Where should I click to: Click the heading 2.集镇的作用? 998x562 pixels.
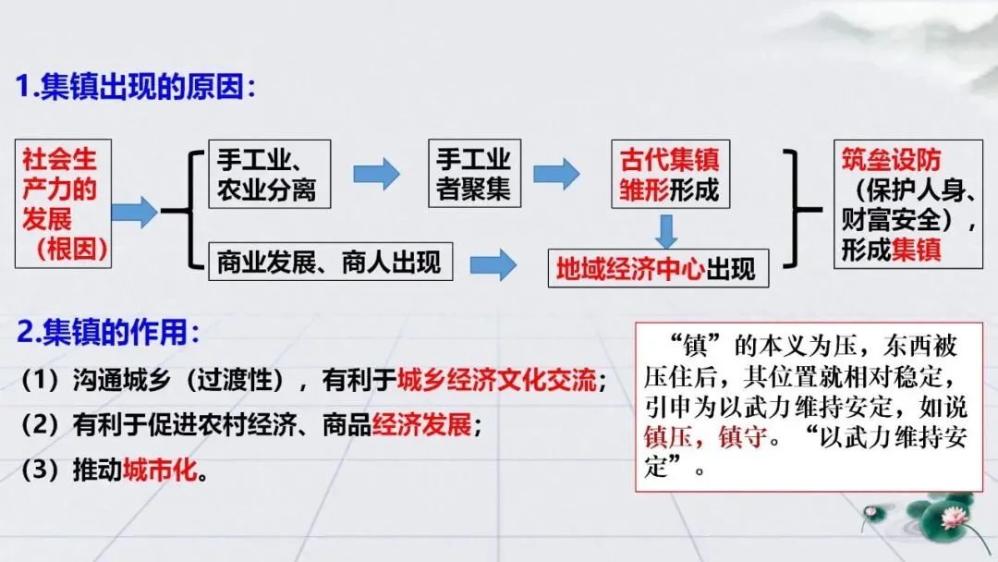107,331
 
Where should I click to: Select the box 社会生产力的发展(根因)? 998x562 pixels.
63,203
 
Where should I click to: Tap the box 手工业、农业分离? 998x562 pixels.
268,173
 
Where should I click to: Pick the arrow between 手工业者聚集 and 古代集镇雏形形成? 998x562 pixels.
556,173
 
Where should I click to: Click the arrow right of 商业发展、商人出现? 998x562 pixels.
493,265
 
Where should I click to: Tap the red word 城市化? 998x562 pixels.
161,470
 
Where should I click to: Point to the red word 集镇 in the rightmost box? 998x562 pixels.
916,250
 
